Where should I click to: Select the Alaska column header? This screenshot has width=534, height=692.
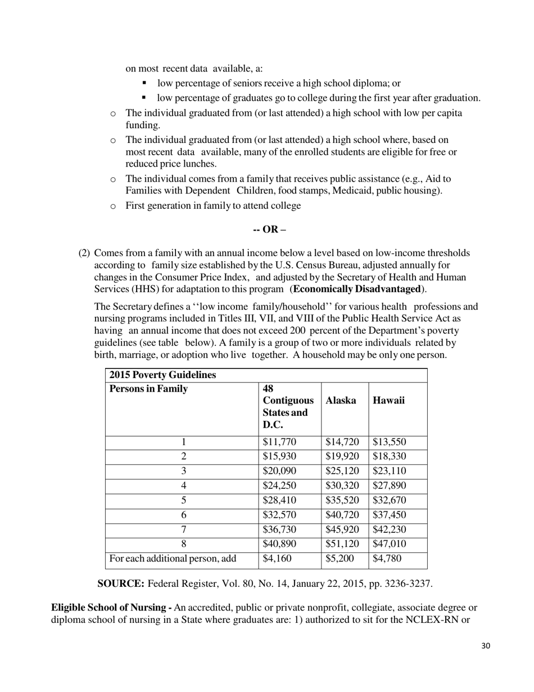coord(341,401)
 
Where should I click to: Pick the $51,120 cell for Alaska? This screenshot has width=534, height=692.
coord(342,544)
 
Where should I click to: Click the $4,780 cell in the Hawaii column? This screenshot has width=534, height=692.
coord(387,559)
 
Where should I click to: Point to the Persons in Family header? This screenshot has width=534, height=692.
coord(148,389)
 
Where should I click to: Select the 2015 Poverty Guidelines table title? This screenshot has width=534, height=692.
coord(162,375)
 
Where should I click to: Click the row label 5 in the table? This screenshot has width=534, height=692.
coord(183,501)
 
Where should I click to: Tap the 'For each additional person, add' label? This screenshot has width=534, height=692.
coord(173,559)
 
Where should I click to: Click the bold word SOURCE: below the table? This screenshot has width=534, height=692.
coord(121,584)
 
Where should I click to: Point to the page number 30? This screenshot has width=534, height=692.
coord(486,646)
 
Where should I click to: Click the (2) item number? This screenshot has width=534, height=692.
coord(84,253)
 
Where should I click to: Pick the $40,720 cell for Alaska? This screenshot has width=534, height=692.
coord(342,515)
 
